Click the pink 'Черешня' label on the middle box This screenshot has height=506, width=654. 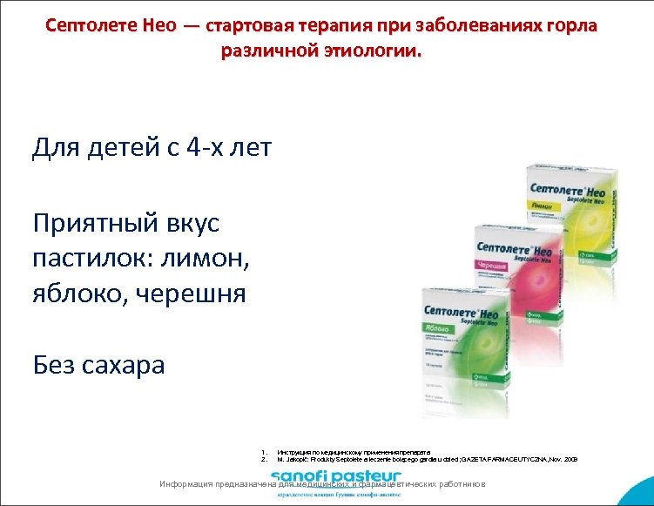click(x=492, y=265)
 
